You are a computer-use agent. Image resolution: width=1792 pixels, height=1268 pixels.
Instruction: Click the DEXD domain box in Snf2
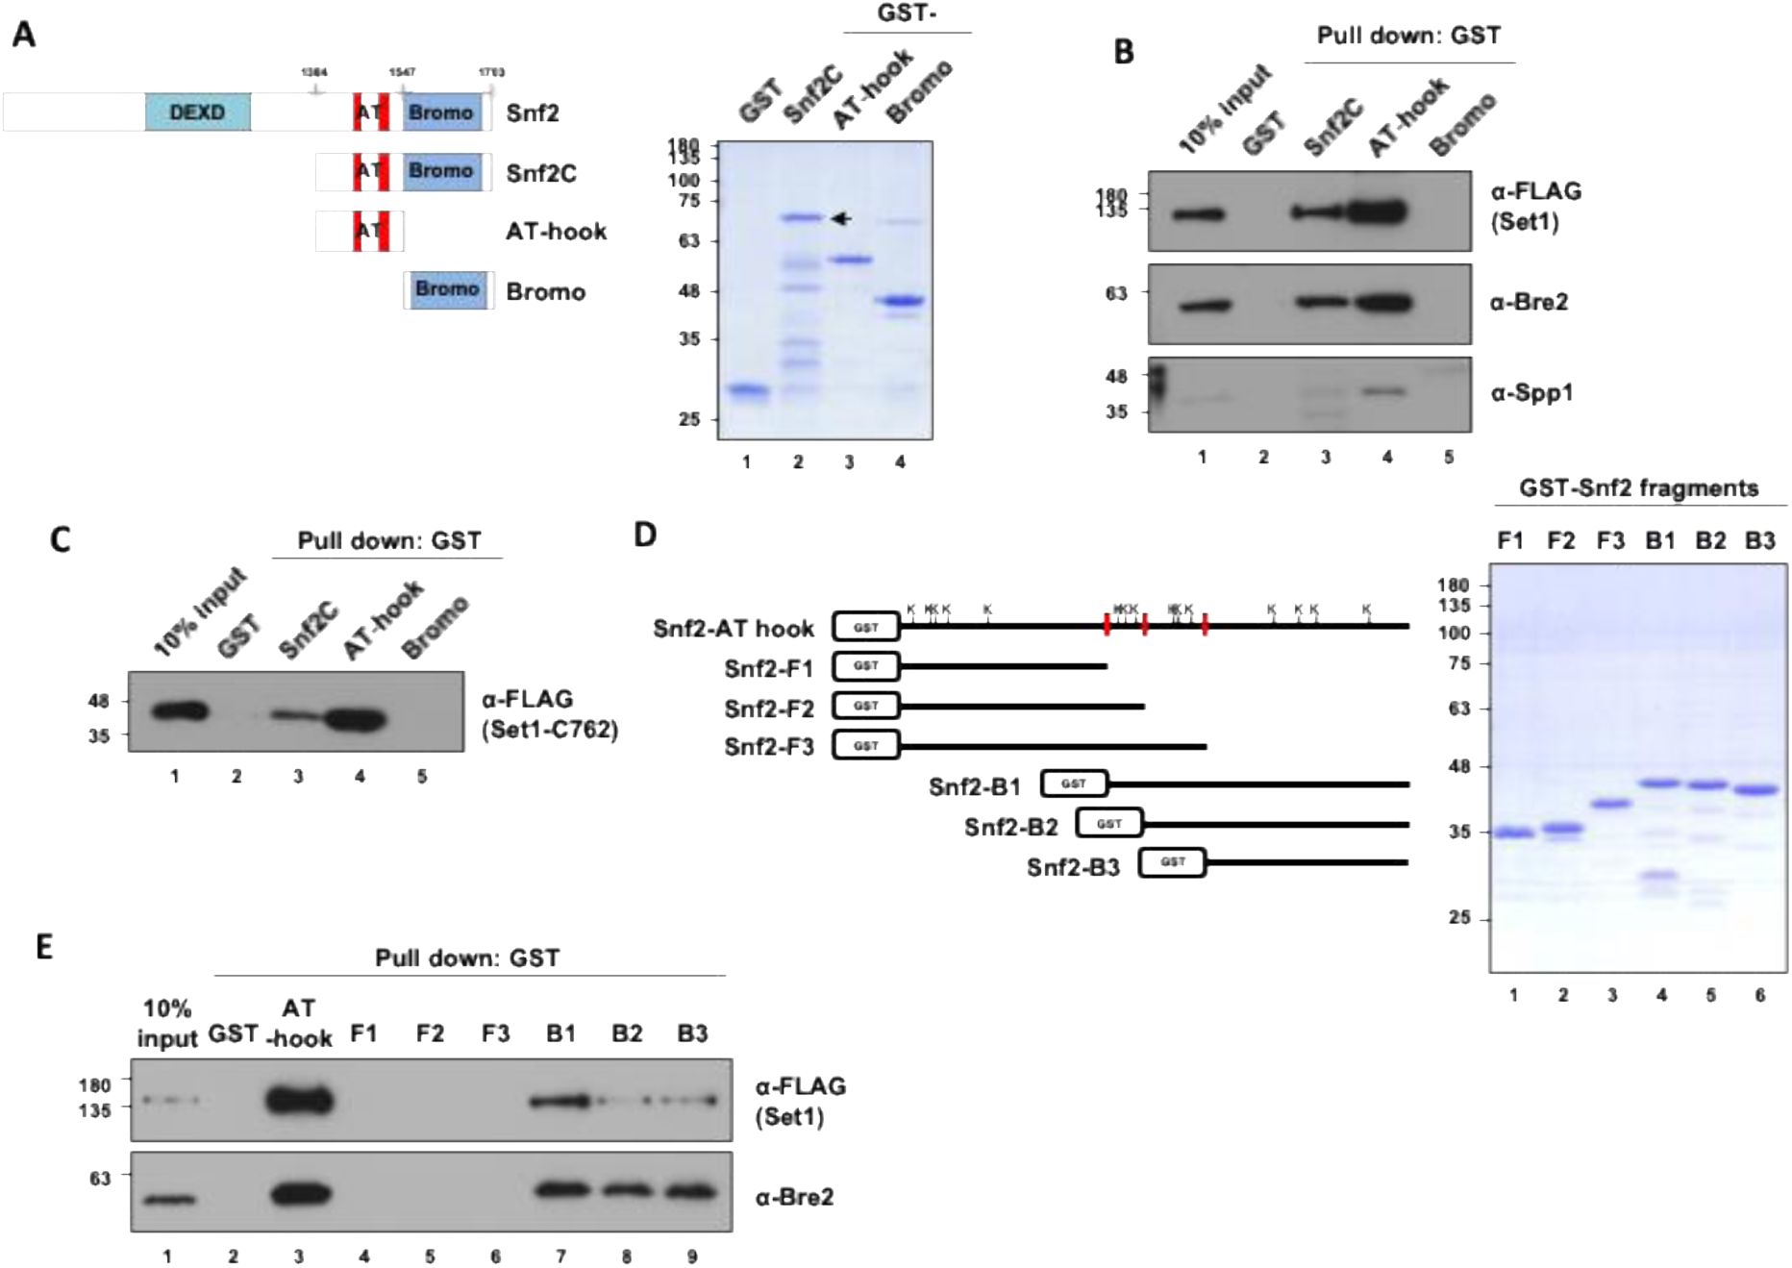(x=197, y=112)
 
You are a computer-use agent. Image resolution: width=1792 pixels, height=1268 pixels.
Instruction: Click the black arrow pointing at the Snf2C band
(x=841, y=219)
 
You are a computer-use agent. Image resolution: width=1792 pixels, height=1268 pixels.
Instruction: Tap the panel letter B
(x=1123, y=52)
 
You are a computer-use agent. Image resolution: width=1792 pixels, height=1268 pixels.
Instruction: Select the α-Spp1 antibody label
(x=1531, y=392)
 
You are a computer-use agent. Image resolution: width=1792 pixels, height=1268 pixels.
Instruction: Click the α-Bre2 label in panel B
(x=1529, y=302)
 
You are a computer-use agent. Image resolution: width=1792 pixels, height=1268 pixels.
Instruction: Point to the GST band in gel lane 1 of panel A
(x=747, y=390)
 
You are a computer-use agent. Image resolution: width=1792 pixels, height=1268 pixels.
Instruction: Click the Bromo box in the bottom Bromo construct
(x=447, y=289)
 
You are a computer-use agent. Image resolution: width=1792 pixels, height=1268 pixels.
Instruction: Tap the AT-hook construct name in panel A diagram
(x=556, y=232)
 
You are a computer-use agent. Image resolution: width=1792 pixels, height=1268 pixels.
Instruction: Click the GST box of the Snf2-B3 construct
(x=1172, y=862)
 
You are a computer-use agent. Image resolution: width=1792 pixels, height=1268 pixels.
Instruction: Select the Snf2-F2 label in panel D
(x=769, y=709)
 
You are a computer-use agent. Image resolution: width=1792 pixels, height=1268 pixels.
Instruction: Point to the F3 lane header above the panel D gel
(x=1610, y=541)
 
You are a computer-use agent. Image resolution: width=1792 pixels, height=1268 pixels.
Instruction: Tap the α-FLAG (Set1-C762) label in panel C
(x=549, y=714)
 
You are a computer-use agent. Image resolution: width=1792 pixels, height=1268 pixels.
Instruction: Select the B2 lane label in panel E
(x=627, y=1033)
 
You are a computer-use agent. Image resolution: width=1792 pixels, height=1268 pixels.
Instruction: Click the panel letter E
(x=44, y=947)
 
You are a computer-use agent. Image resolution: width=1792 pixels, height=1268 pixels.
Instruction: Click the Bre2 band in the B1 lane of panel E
(x=560, y=1190)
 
